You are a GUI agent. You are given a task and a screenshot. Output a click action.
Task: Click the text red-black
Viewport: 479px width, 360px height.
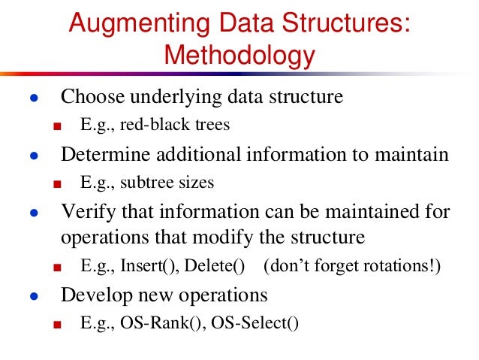[145, 125]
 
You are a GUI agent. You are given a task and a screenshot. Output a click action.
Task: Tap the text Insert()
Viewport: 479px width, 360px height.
[146, 266]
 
